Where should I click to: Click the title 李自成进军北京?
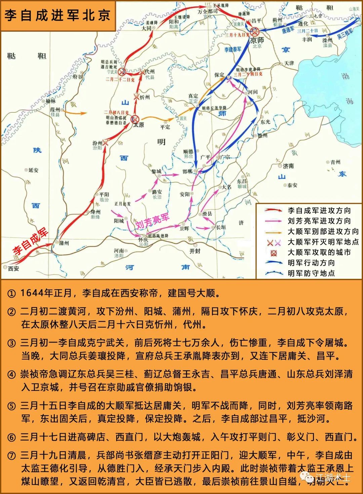(57, 15)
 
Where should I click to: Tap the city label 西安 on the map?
(14, 269)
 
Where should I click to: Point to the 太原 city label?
(138, 125)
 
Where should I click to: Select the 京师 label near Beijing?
(257, 40)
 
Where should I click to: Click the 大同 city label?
(147, 28)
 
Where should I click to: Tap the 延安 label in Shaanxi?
(33, 170)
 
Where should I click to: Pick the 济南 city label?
(288, 166)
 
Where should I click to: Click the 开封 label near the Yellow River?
(195, 251)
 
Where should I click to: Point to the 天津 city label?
(289, 63)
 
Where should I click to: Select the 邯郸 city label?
(188, 172)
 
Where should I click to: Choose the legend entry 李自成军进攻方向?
(319, 211)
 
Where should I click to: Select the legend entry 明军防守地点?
(311, 273)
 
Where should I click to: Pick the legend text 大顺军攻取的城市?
(319, 252)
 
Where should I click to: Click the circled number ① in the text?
(11, 294)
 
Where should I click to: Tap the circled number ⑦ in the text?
(11, 456)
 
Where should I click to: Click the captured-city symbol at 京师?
(255, 32)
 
